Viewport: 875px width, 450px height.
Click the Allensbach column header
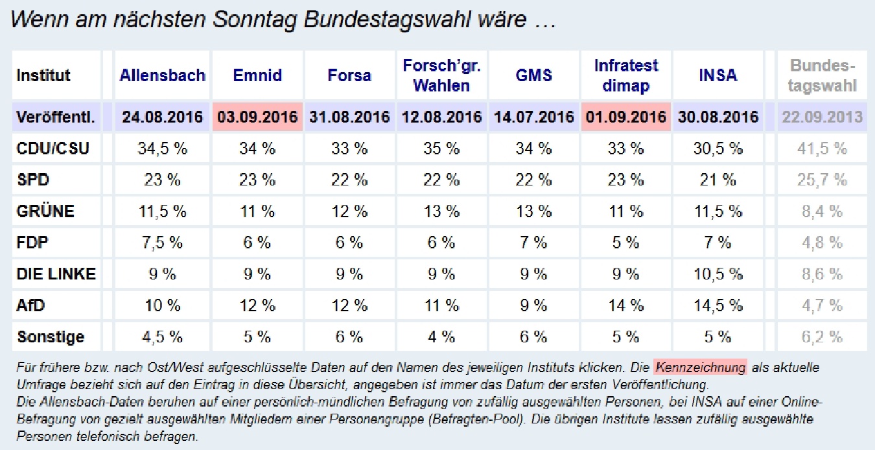162,75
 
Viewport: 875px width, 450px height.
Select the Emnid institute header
257,75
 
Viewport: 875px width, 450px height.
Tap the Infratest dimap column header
625,75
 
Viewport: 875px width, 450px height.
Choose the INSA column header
717,75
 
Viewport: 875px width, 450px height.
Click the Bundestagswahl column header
822,75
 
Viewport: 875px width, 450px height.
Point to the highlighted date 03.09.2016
257,117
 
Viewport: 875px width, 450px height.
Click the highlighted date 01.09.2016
625,117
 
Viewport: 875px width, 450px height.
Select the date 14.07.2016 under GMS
533,117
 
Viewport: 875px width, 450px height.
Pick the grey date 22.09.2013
822,117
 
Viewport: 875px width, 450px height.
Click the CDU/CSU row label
52,149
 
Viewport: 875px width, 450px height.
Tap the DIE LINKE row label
56,274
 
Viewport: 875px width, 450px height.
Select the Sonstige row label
51,337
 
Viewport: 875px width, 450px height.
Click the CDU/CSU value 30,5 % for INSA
717,149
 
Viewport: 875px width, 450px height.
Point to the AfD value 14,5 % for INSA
717,305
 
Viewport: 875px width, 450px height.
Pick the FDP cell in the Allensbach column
162,243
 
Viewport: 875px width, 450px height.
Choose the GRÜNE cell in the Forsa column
349,211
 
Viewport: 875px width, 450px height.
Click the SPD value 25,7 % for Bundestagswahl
822,180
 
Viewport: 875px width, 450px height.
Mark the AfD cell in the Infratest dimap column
625,305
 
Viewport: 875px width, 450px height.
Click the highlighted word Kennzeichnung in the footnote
700,368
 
